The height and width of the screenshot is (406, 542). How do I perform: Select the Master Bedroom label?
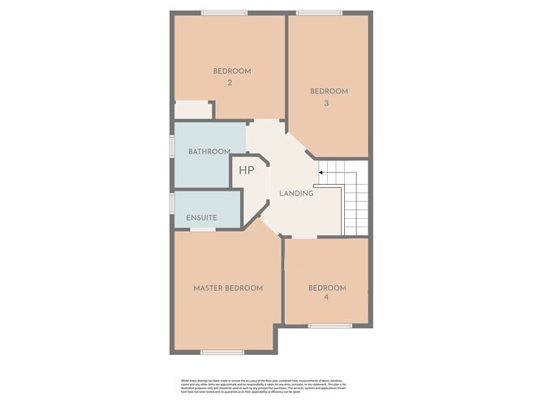(228, 288)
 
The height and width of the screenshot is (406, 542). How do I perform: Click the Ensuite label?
(201, 218)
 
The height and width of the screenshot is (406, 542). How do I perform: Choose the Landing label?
(296, 194)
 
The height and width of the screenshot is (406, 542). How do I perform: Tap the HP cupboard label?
(246, 171)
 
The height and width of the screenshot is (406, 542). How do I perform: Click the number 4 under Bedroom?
(327, 297)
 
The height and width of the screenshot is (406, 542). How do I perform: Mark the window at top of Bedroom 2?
(224, 12)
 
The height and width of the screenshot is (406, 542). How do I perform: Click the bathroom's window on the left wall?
(171, 145)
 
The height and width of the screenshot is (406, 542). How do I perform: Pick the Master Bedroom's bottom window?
(222, 352)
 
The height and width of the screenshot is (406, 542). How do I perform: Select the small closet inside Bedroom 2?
(191, 109)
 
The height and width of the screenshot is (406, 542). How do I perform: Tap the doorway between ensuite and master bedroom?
(203, 229)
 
